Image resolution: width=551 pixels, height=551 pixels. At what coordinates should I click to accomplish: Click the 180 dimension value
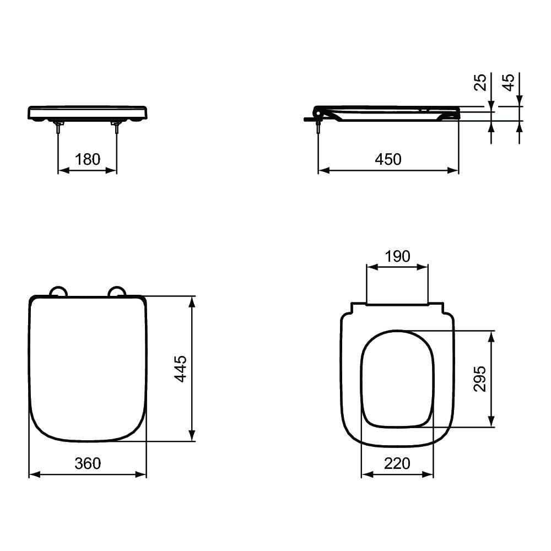[x=88, y=159]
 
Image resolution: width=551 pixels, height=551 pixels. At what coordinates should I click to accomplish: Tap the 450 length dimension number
[x=388, y=159]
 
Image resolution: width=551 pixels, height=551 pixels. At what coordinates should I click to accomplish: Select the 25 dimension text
[x=480, y=82]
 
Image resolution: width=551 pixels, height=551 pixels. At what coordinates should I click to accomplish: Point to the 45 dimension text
[x=509, y=82]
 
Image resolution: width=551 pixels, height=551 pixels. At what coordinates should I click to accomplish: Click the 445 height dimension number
[x=181, y=369]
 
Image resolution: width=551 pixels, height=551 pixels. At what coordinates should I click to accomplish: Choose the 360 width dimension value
[x=88, y=463]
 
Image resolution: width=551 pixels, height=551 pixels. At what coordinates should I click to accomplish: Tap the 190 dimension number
[x=397, y=257]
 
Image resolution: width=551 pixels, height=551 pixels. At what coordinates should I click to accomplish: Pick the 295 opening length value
[x=480, y=379]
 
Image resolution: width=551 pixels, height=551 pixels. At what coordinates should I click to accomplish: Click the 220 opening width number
[x=397, y=463]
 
